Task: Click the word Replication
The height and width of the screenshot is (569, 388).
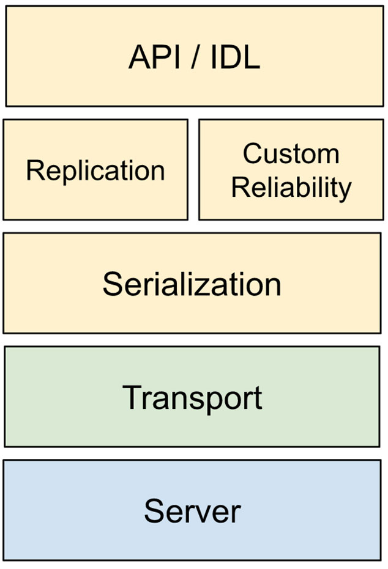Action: [x=95, y=171]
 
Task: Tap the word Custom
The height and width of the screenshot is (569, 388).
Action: [x=291, y=153]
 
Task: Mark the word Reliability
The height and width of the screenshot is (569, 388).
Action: [x=291, y=188]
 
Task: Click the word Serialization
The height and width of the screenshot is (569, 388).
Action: [x=192, y=284]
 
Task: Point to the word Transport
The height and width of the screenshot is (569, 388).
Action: [x=192, y=397]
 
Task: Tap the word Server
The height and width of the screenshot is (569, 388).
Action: [x=192, y=510]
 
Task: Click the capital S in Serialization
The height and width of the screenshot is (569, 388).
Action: [x=113, y=284]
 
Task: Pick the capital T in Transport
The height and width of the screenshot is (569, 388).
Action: [x=133, y=397]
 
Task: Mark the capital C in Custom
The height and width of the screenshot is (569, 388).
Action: [x=252, y=153]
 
